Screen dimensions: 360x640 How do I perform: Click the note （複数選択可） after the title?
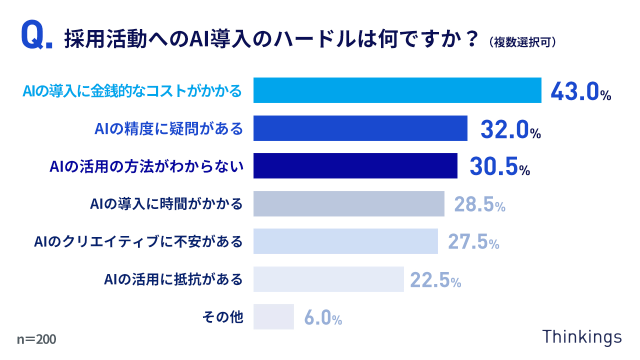pyautogui.click(x=523, y=42)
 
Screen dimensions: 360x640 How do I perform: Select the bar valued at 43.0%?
pyautogui.click(x=397, y=90)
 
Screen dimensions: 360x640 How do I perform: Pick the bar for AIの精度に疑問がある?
pyautogui.click(x=360, y=128)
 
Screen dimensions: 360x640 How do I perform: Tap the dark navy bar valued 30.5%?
pyautogui.click(x=355, y=166)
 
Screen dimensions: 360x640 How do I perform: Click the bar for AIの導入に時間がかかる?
pyautogui.click(x=348, y=204)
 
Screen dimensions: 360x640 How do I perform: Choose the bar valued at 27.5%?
pyautogui.click(x=345, y=241)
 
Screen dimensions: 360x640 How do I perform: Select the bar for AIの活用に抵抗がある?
pyautogui.click(x=328, y=279)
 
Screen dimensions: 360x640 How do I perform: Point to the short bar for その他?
pyautogui.click(x=273, y=317)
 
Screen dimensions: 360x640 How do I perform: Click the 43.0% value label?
pyautogui.click(x=580, y=91)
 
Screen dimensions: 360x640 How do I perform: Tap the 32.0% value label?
pyautogui.click(x=510, y=129)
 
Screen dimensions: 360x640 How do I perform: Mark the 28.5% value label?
pyautogui.click(x=479, y=204)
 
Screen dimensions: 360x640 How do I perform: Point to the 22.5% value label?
pyautogui.click(x=435, y=280)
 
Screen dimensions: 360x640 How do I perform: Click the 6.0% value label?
pyautogui.click(x=323, y=317)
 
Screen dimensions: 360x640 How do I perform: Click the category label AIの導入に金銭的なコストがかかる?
pyautogui.click(x=132, y=91)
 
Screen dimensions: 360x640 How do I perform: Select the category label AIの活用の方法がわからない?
pyautogui.click(x=146, y=166)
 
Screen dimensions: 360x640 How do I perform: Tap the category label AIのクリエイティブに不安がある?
pyautogui.click(x=138, y=242)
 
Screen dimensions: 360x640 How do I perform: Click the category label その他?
pyautogui.click(x=222, y=317)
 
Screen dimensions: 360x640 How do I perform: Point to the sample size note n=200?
pyautogui.click(x=36, y=339)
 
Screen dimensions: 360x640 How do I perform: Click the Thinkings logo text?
pyautogui.click(x=582, y=336)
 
